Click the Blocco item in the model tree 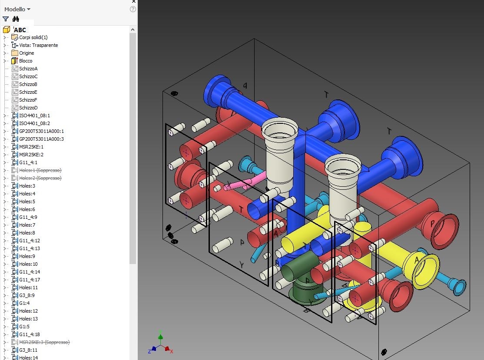click(25, 61)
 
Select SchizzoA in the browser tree click(28, 69)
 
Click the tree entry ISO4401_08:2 click(34, 123)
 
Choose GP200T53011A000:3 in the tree click(41, 139)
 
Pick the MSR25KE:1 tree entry click(31, 147)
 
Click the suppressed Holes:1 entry click(40, 170)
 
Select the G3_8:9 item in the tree click(27, 295)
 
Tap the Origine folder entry click(26, 53)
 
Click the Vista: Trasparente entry click(38, 45)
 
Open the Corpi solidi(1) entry click(33, 37)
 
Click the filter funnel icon click(6, 19)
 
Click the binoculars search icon click(16, 19)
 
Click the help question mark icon click(133, 9)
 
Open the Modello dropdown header click(17, 9)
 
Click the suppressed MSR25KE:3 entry click(43, 342)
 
